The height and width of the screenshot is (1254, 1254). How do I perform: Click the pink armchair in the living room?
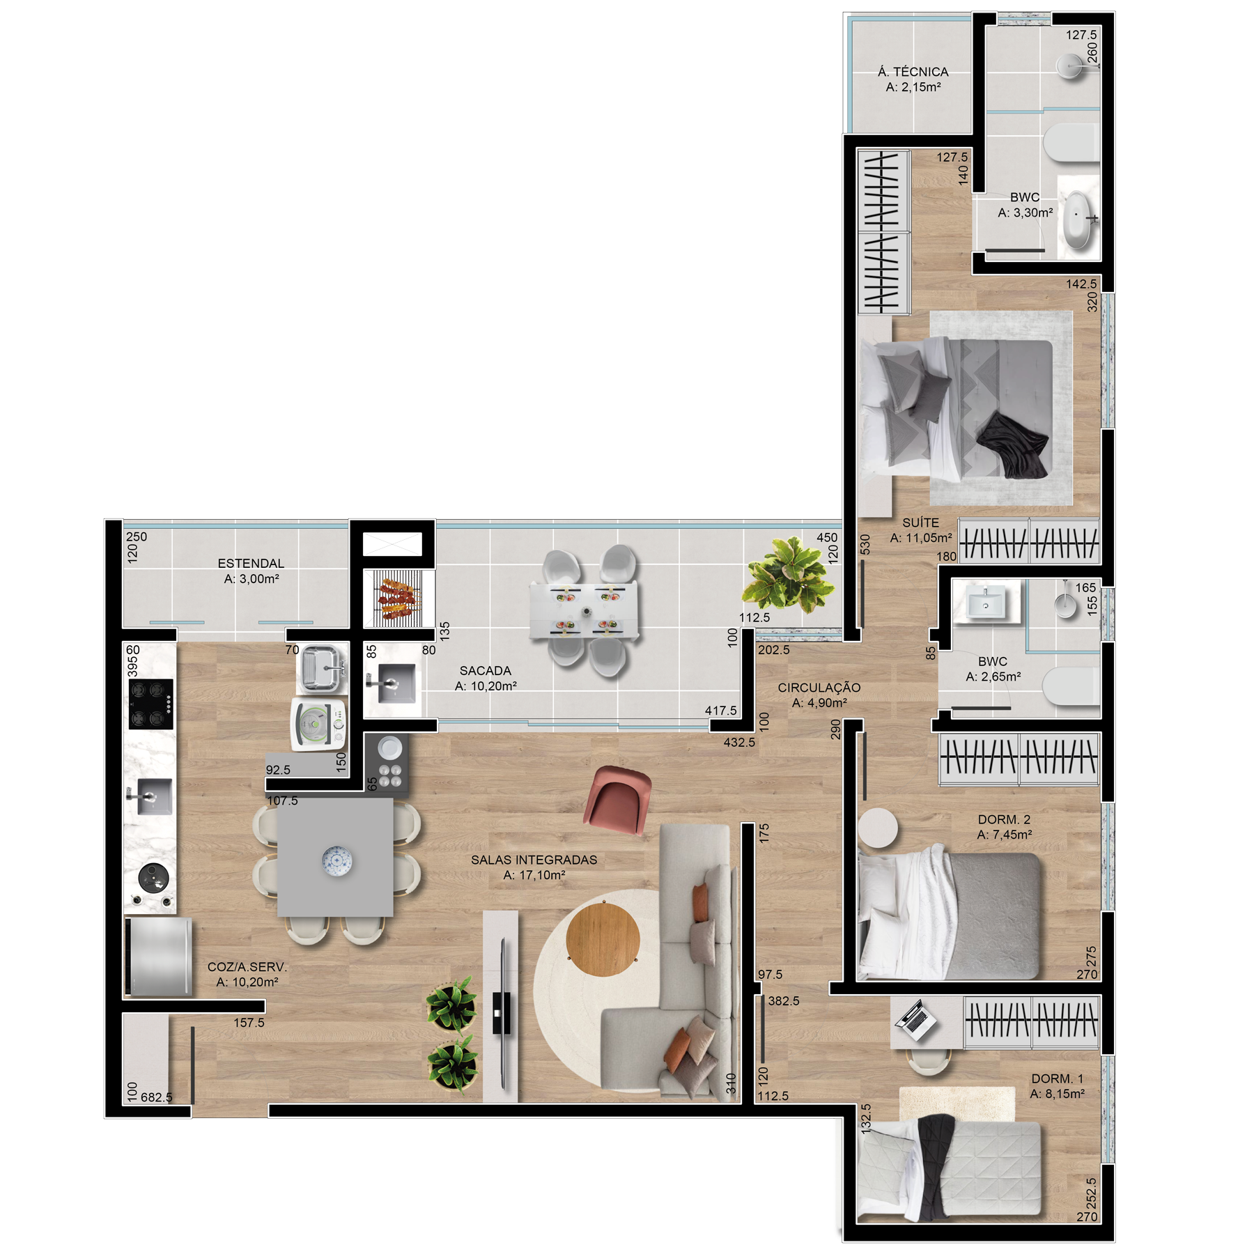pyautogui.click(x=618, y=798)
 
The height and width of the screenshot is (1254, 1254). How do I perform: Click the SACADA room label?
pyautogui.click(x=486, y=670)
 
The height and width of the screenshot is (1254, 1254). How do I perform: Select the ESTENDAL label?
pyautogui.click(x=251, y=563)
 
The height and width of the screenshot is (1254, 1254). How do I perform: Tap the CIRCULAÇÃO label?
pyautogui.click(x=819, y=688)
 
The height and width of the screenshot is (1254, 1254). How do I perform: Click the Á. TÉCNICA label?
pyautogui.click(x=913, y=72)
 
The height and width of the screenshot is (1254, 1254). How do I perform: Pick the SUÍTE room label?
pyautogui.click(x=921, y=522)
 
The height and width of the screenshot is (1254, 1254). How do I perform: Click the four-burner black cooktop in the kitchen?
pyautogui.click(x=151, y=704)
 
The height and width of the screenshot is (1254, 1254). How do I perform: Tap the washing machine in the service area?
pyautogui.click(x=319, y=725)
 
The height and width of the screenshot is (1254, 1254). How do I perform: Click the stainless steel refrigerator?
pyautogui.click(x=159, y=957)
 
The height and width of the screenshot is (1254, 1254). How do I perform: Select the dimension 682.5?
pyautogui.click(x=157, y=1097)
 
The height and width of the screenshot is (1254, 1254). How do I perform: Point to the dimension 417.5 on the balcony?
pyautogui.click(x=720, y=711)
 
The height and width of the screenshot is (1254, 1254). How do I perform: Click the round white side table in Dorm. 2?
pyautogui.click(x=878, y=828)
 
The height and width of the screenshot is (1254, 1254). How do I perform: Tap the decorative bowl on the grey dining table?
pyautogui.click(x=337, y=860)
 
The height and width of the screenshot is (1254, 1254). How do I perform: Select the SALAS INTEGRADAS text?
pyautogui.click(x=534, y=860)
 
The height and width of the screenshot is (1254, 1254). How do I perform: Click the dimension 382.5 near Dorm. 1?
pyautogui.click(x=784, y=1001)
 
